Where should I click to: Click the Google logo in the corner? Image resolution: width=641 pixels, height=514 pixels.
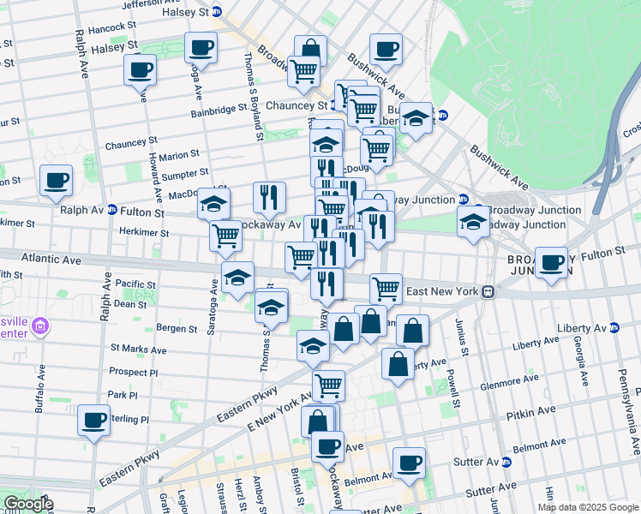click(27, 504)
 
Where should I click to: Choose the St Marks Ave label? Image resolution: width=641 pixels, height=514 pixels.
click(138, 350)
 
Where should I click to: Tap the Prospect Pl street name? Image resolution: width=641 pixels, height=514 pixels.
click(134, 373)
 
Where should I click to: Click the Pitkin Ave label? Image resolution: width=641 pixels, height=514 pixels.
click(532, 414)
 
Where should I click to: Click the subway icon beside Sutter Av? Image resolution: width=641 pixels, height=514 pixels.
click(506, 461)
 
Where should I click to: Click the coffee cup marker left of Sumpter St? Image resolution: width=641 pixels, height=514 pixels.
click(56, 180)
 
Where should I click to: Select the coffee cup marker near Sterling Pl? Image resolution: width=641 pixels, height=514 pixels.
click(93, 420)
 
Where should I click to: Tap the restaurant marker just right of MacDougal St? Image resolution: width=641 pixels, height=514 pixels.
click(269, 198)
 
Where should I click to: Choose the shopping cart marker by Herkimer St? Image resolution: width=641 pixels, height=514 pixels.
click(225, 235)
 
